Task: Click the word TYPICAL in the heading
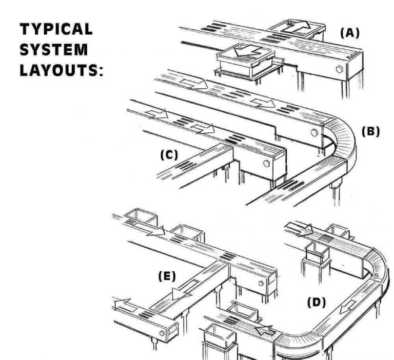56,30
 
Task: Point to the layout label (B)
370,131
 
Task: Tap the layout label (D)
317,303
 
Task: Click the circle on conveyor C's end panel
266,164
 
